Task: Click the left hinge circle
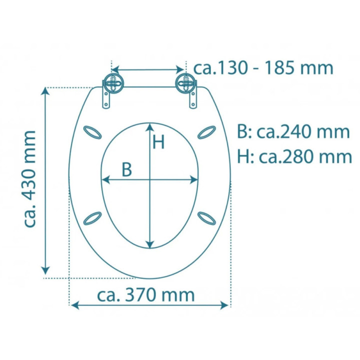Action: pos(113,83)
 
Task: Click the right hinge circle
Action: pos(185,83)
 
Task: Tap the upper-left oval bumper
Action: pos(92,132)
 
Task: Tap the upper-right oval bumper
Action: pos(206,132)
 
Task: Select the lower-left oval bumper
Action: pos(92,218)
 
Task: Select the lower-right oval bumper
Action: pos(206,218)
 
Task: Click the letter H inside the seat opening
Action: pos(158,142)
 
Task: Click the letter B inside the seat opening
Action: pos(126,169)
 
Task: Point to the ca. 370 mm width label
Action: pos(146,295)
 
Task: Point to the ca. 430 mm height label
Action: pos(30,179)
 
